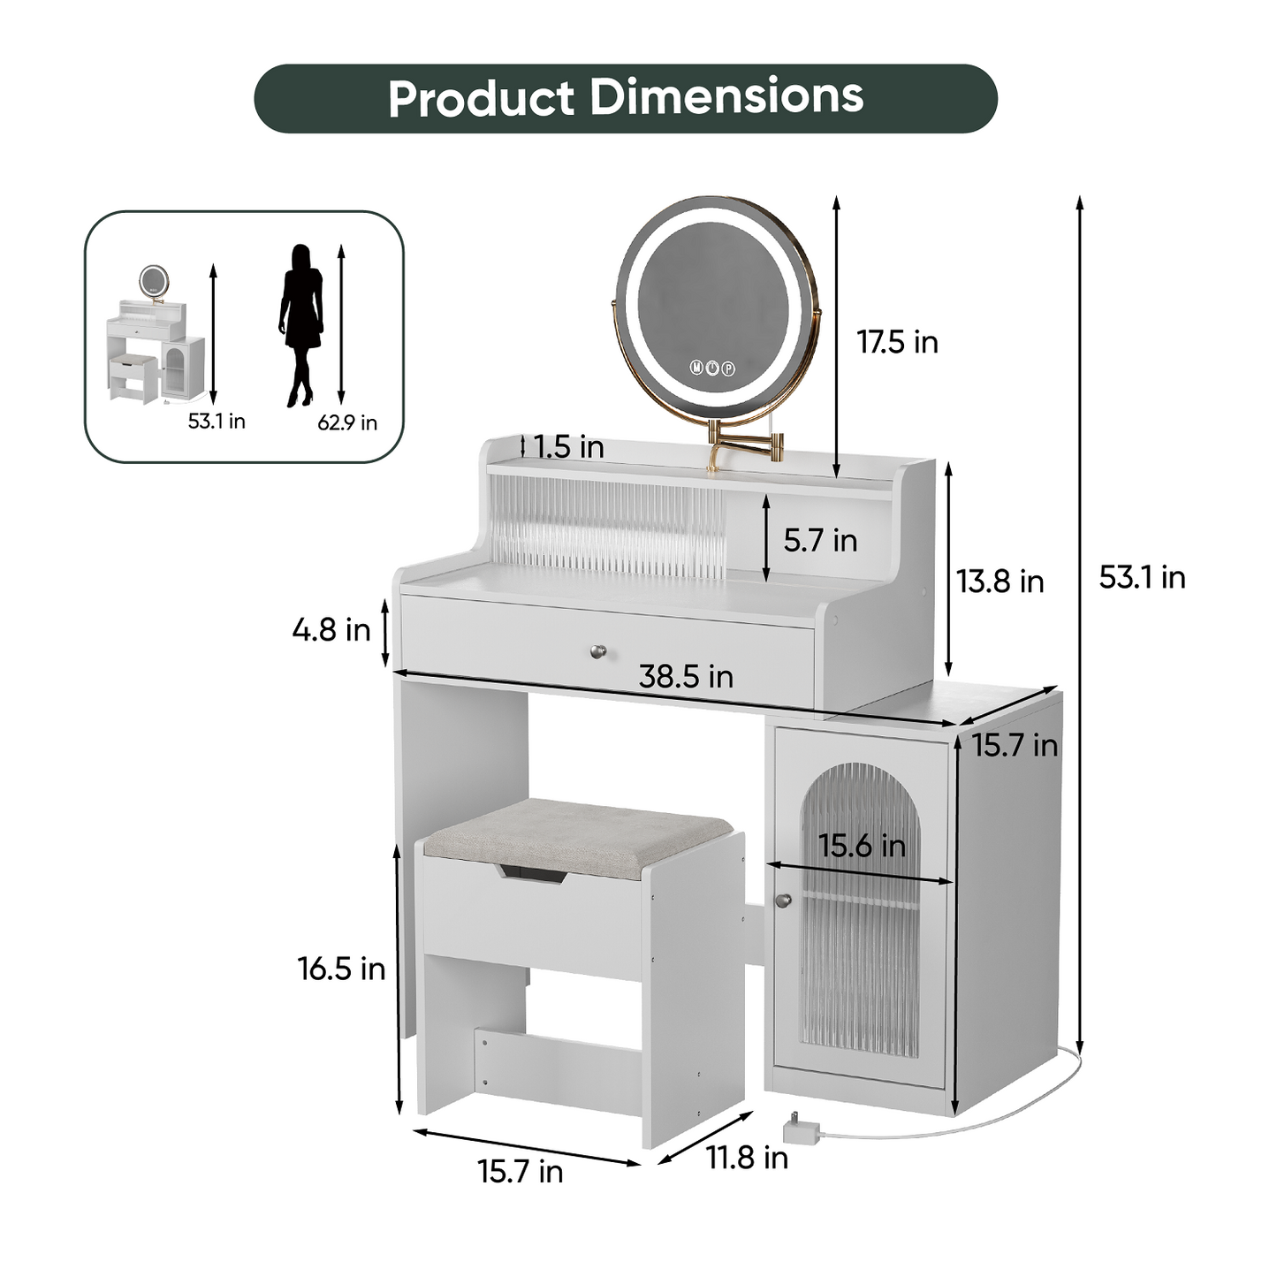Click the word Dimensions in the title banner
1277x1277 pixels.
(726, 96)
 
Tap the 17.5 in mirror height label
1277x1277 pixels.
(897, 342)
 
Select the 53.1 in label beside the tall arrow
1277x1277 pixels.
(1141, 577)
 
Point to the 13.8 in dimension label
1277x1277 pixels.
(1000, 581)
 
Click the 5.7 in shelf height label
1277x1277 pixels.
(820, 540)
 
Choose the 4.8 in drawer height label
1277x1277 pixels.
(331, 630)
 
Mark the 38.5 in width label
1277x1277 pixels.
(686, 677)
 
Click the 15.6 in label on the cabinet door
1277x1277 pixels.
(862, 846)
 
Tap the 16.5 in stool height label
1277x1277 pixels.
(341, 969)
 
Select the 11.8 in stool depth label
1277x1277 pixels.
(747, 1157)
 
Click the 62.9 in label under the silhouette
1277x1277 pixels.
(347, 423)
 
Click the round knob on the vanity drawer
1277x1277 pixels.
(598, 652)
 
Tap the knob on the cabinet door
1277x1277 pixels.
(781, 900)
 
